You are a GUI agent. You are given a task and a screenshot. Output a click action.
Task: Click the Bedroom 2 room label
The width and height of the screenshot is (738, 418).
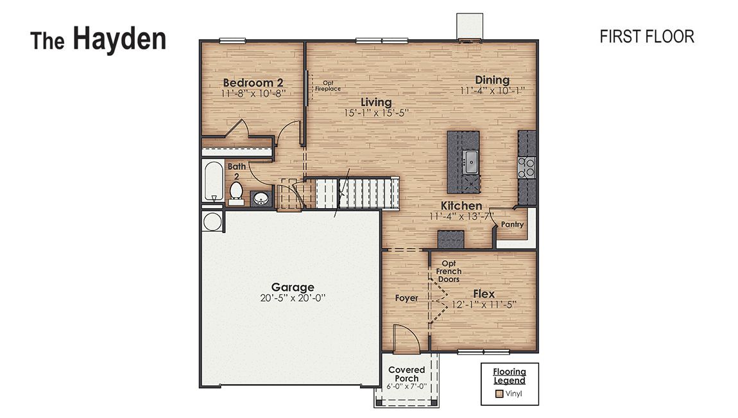(253, 83)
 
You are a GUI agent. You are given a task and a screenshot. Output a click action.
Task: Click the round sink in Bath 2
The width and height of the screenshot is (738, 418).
(261, 198)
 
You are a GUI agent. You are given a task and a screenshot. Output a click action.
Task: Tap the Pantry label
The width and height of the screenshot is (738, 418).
(513, 225)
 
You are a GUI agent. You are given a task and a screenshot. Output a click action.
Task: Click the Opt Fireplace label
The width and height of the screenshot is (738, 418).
(328, 86)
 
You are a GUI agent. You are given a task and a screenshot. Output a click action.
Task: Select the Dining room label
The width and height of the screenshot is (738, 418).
(492, 80)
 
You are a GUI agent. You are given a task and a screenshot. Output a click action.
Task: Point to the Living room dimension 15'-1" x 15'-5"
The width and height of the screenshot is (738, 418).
(376, 112)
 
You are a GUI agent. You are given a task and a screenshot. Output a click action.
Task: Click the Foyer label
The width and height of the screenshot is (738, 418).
(406, 298)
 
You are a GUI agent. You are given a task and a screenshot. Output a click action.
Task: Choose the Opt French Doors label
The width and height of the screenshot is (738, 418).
(449, 272)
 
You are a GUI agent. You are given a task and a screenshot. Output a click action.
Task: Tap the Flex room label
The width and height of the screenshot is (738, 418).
(484, 294)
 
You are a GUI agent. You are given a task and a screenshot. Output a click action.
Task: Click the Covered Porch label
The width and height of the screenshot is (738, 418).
(407, 374)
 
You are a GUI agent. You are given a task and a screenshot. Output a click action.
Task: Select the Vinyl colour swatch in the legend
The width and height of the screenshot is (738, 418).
(499, 394)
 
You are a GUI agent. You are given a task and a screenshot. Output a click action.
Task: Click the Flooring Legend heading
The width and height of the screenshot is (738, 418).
(510, 376)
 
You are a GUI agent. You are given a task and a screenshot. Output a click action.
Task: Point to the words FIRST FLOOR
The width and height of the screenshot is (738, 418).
(646, 37)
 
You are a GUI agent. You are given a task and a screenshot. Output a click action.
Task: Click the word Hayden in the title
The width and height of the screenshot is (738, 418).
(119, 39)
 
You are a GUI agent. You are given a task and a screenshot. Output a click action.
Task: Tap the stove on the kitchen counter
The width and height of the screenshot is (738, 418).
(527, 168)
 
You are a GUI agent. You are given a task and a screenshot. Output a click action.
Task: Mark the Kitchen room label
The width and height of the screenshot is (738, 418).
(461, 206)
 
